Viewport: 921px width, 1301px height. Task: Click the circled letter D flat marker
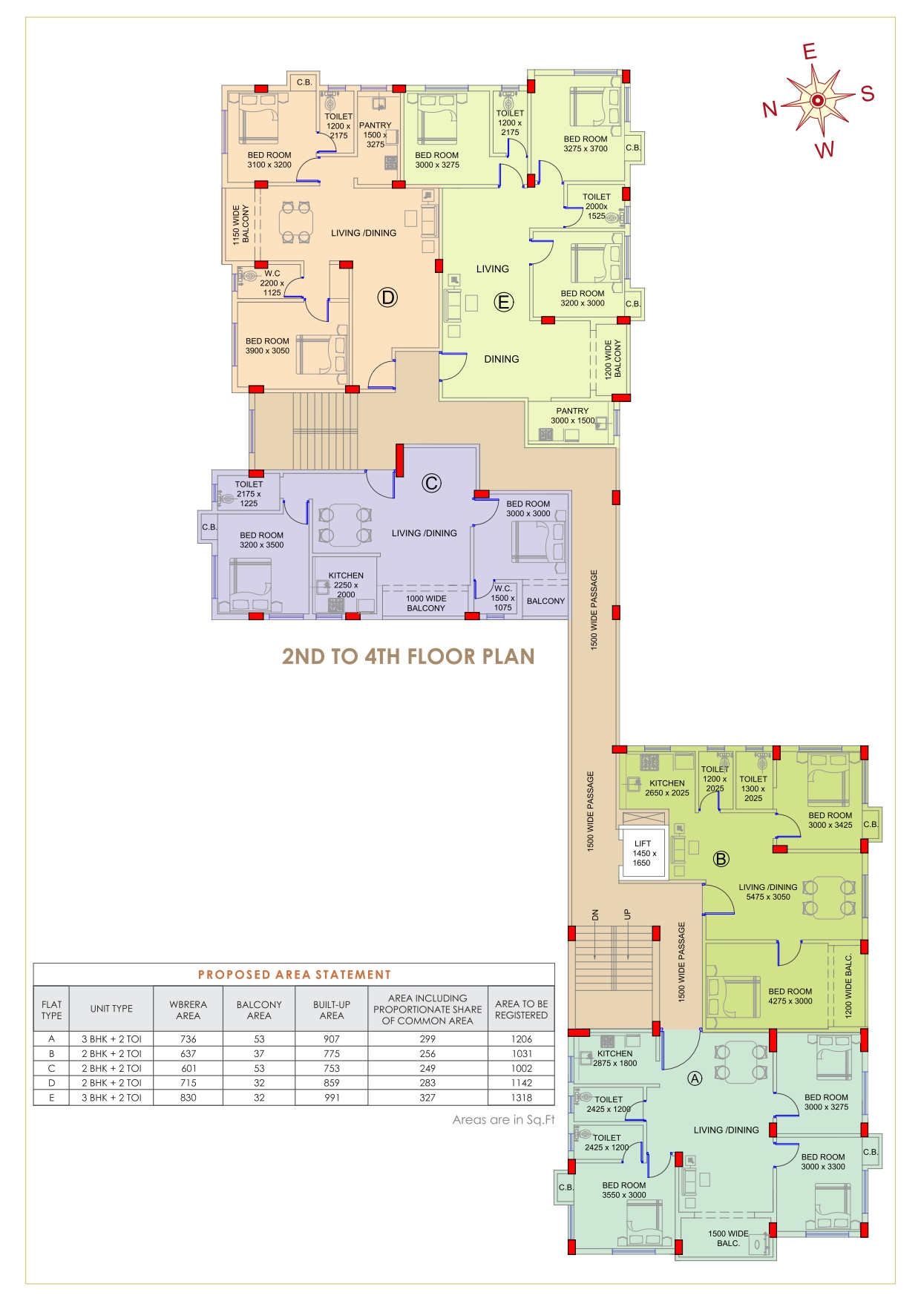[387, 297]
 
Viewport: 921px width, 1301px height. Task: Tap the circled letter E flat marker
[504, 302]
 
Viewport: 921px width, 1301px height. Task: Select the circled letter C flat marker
[431, 483]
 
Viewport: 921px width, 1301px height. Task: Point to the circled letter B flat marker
[721, 859]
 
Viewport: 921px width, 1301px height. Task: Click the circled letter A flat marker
[695, 1078]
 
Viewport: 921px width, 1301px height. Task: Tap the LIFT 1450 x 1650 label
[643, 853]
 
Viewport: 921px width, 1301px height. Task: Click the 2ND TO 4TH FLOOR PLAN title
[408, 656]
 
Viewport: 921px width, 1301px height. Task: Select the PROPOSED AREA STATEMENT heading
[294, 975]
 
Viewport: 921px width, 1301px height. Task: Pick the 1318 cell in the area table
[522, 1098]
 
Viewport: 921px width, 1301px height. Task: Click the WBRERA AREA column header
[189, 1009]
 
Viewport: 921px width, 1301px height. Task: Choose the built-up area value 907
[332, 1039]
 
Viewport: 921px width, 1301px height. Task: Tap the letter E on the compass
[810, 51]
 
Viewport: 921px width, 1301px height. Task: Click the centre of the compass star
[817, 100]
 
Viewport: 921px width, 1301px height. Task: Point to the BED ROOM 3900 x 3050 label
[267, 346]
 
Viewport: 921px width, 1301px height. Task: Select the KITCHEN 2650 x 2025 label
[667, 788]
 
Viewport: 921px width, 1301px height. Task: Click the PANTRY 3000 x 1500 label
[573, 415]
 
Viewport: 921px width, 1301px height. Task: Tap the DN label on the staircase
[595, 915]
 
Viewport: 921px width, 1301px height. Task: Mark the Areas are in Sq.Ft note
[504, 1119]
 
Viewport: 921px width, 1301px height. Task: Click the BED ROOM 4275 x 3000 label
[790, 996]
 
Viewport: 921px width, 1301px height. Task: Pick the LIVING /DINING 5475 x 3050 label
[768, 892]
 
